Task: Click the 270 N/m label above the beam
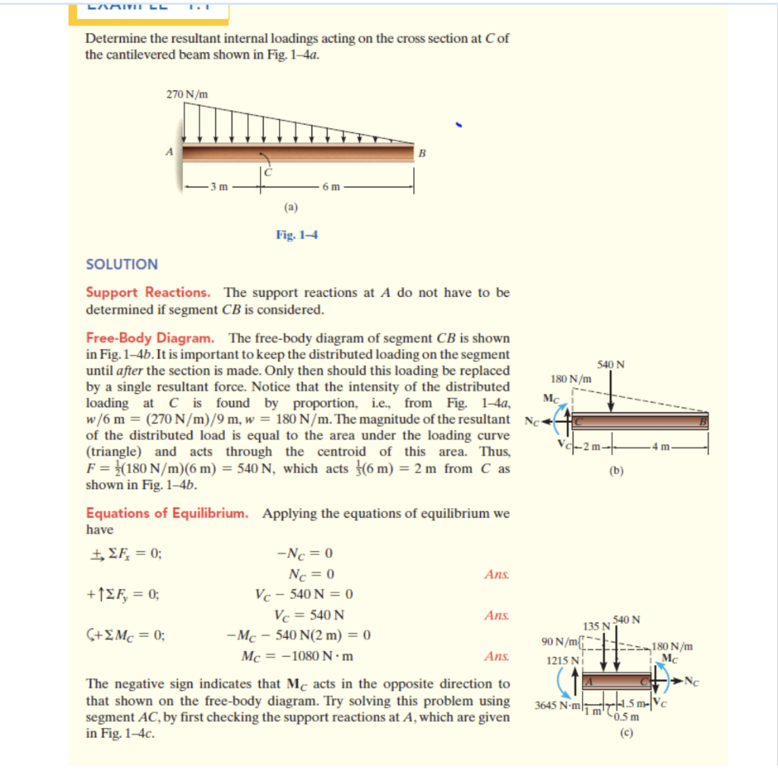pos(187,94)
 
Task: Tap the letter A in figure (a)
pos(169,151)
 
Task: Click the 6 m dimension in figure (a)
pos(334,185)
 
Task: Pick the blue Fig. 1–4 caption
pos(296,235)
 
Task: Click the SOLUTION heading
pos(122,264)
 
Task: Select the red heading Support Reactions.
pos(148,292)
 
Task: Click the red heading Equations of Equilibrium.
pos(167,513)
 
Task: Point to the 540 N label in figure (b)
pos(612,364)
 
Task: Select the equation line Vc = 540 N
pos(309,614)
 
